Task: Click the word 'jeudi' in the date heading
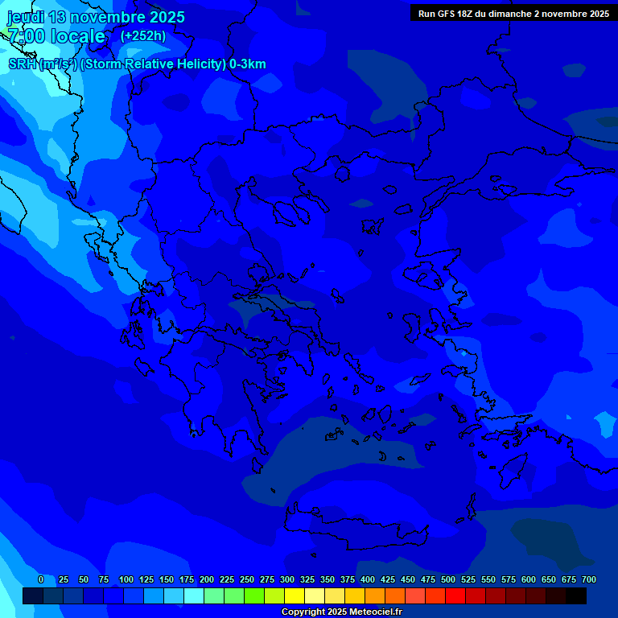(x=26, y=17)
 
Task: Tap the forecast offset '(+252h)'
(x=143, y=35)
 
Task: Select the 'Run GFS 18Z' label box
(x=513, y=14)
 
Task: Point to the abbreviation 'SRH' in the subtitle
(x=23, y=64)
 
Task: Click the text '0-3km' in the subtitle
(x=248, y=64)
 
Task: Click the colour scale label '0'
(x=41, y=579)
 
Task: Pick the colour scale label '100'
(x=126, y=579)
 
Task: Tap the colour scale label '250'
(x=247, y=579)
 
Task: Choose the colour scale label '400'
(x=368, y=579)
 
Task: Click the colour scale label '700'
(x=589, y=579)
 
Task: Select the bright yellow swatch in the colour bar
(x=295, y=596)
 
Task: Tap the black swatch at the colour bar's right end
(x=576, y=596)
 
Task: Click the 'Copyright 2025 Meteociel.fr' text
(x=340, y=612)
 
